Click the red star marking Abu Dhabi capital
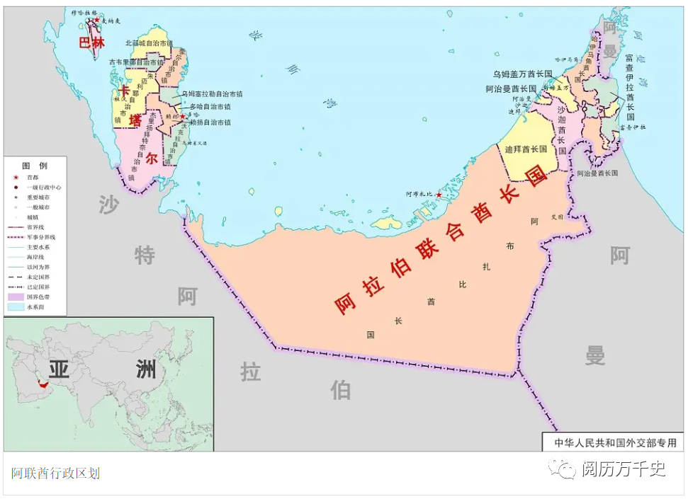(439, 195)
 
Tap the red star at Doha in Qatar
(183, 115)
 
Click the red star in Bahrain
(97, 20)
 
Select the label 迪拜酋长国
(526, 149)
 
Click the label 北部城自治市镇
(149, 43)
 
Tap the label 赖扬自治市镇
(210, 122)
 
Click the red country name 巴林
(91, 42)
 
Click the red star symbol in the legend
(15, 177)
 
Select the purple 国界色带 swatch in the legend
(15, 297)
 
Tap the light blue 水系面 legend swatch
(15, 307)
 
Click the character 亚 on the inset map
(59, 369)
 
